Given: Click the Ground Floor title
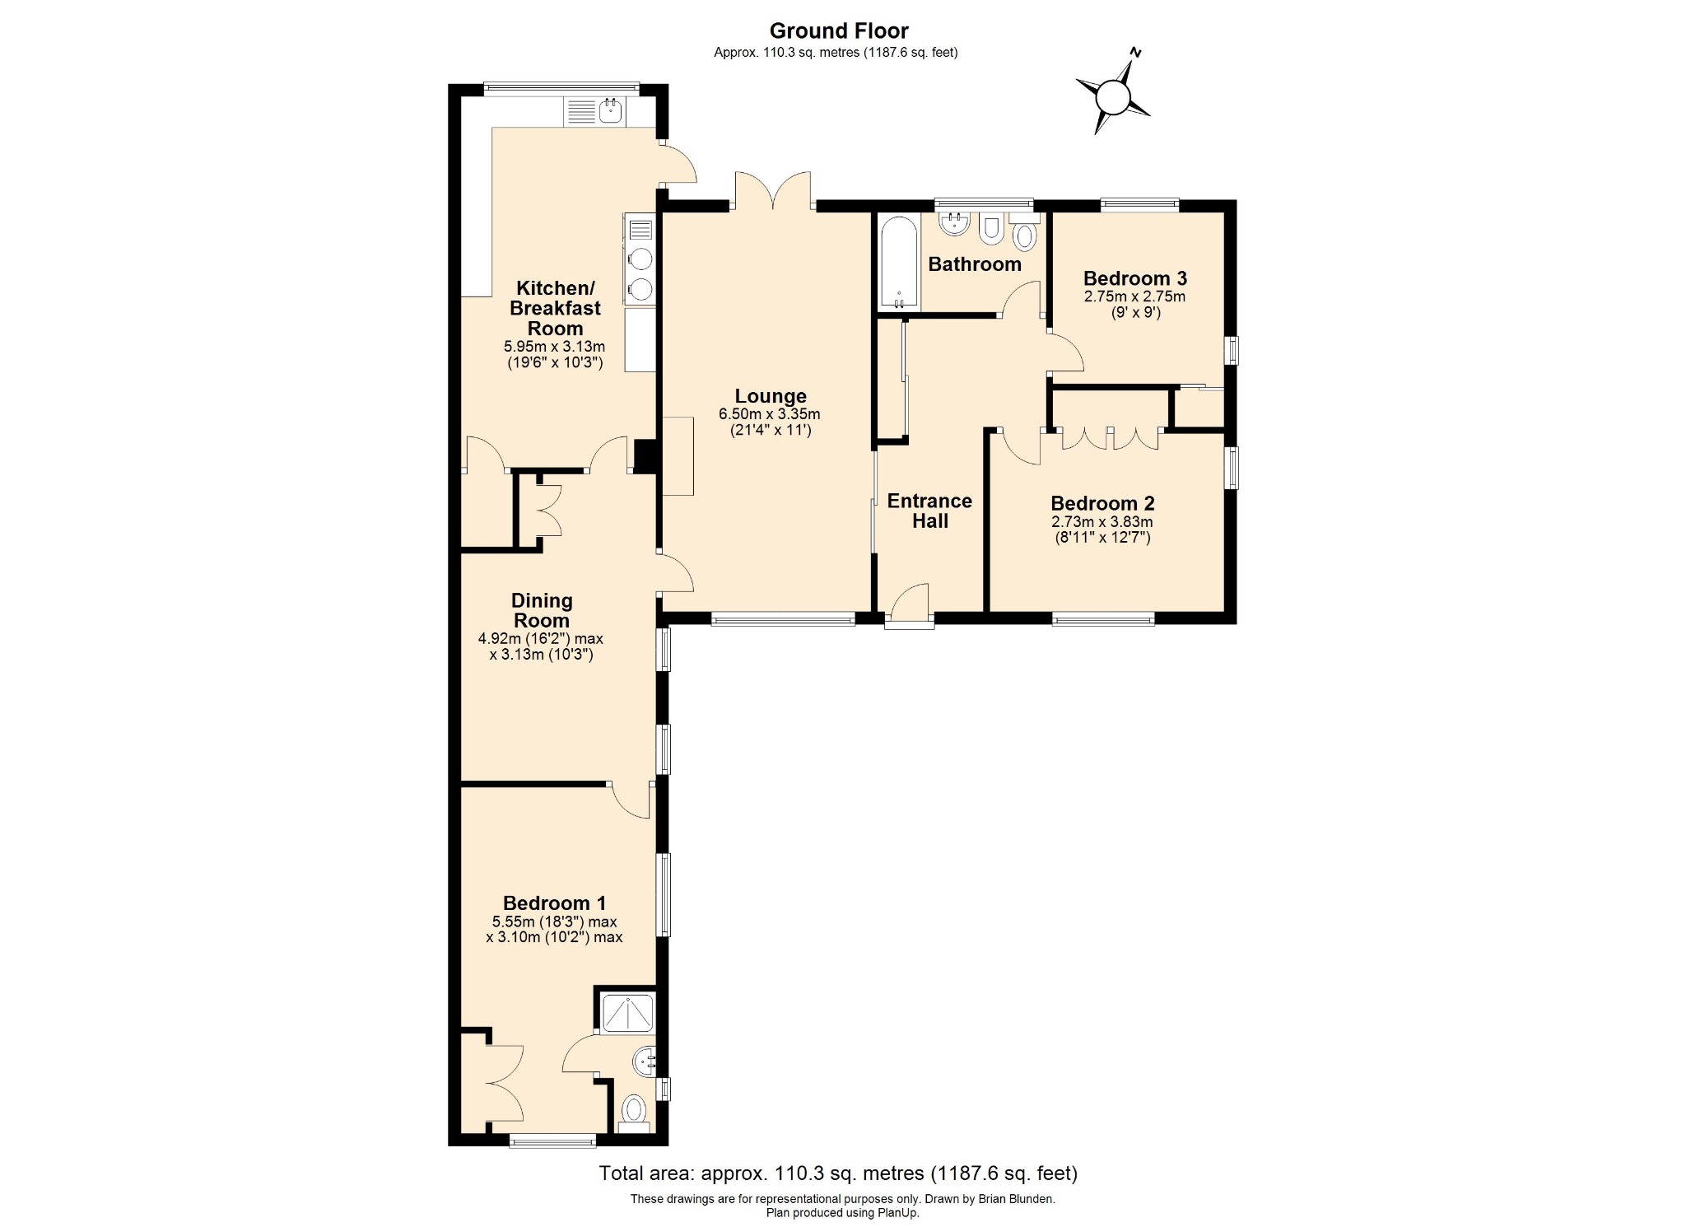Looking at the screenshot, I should click(838, 31).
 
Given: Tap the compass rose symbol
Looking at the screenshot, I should click(1113, 98).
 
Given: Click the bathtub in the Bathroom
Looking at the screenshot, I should click(897, 262).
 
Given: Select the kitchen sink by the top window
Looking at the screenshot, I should click(610, 111).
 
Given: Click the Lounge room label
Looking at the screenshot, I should click(771, 396).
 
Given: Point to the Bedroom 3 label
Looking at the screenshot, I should click(1134, 278).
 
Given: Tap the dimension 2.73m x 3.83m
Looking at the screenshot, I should click(1101, 522).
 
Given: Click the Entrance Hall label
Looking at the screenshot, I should click(929, 511).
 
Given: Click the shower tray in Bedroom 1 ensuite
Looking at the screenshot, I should click(628, 1013).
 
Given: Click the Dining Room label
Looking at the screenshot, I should click(541, 610).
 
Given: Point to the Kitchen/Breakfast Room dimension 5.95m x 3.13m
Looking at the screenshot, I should click(554, 347).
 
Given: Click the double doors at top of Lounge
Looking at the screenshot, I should click(773, 191).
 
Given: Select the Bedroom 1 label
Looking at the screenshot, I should click(554, 903).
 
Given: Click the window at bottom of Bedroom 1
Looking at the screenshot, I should click(552, 1141).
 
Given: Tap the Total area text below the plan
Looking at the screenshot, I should click(837, 1173).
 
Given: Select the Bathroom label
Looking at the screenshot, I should click(974, 264).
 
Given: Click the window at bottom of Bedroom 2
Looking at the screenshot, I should click(1102, 619).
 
